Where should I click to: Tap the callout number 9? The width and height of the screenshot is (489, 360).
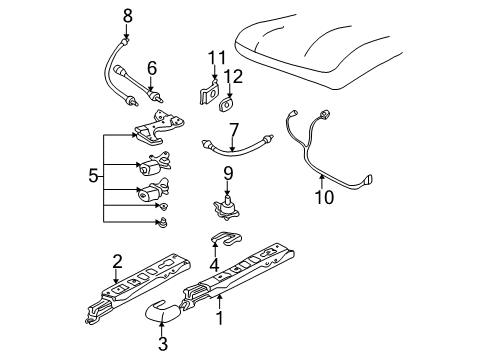tap(228, 173)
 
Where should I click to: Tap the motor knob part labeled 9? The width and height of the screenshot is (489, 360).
tap(228, 208)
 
